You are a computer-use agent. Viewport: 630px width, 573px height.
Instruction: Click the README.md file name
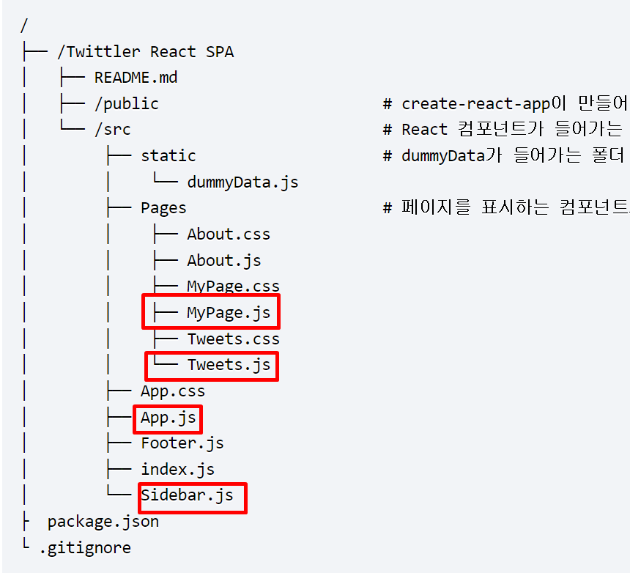[136, 78]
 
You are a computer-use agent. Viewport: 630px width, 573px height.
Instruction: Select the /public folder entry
[126, 104]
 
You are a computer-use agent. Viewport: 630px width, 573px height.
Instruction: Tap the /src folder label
[112, 130]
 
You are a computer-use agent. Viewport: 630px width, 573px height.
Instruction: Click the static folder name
[168, 156]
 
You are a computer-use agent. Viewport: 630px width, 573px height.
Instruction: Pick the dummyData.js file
[242, 182]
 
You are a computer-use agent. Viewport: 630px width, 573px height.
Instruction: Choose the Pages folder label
[163, 208]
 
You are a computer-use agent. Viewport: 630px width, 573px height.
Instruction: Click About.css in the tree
[229, 234]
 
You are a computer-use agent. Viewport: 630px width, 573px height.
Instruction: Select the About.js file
[223, 261]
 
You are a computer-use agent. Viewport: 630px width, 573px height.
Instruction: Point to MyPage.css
[233, 286]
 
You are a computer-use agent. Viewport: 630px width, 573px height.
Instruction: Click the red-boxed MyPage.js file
[229, 314]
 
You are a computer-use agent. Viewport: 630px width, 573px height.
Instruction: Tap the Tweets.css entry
[233, 339]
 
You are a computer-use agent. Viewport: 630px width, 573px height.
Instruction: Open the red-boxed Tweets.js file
[229, 365]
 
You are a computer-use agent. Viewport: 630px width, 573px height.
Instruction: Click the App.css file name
[173, 391]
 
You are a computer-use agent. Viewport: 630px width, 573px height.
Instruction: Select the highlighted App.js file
[168, 418]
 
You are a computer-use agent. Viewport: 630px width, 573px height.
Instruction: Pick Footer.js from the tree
[182, 443]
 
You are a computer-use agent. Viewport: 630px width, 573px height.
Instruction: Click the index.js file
[177, 470]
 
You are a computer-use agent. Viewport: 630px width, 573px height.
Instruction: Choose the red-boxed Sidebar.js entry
[187, 495]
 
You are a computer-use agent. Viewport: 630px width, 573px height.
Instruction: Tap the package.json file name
[103, 522]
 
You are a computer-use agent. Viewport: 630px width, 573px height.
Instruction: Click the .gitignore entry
[84, 547]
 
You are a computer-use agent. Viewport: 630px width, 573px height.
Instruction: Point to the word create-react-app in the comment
[475, 104]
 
